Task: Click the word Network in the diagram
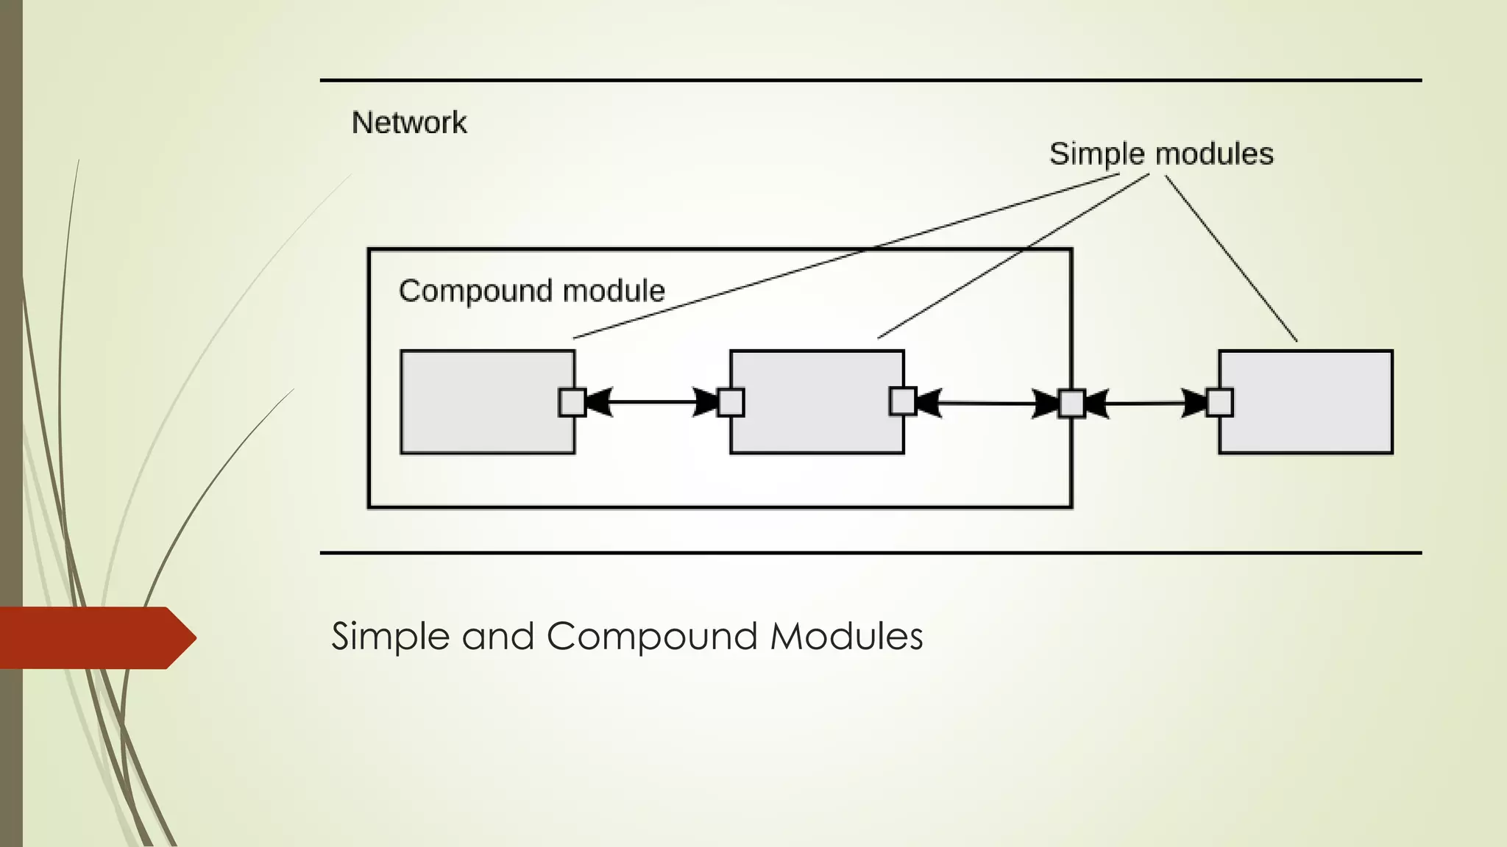409,123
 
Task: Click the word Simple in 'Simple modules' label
1096,154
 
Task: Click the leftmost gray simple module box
478,401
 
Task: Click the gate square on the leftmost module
572,402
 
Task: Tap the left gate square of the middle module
731,402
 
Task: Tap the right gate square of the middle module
903,401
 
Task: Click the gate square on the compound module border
1071,404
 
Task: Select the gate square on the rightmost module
1219,403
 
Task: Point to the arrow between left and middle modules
651,402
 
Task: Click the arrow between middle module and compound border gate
986,403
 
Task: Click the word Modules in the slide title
846,636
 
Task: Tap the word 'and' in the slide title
497,636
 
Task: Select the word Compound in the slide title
651,636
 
